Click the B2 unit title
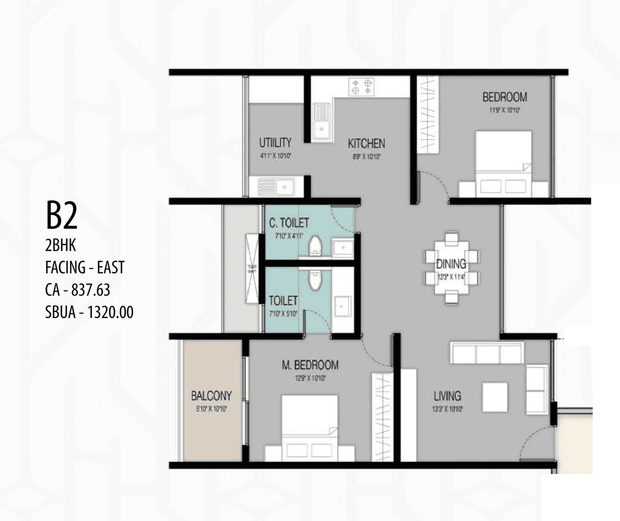(62, 216)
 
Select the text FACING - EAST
(85, 267)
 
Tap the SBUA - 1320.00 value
(89, 312)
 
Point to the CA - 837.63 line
(77, 290)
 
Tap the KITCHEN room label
(366, 143)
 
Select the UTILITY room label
(275, 142)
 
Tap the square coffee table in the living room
(495, 397)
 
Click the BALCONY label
(211, 396)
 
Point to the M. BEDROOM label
(310, 365)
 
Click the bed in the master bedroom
(310, 428)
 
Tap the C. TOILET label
(289, 223)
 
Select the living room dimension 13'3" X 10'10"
(448, 409)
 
